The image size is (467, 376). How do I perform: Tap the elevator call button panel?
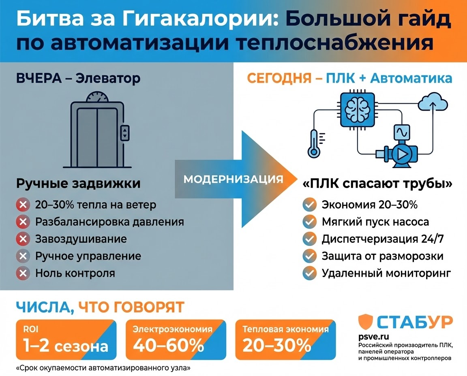point(125,132)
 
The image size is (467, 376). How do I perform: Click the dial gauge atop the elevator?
point(97,98)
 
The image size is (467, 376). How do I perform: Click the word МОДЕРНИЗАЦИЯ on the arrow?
point(233,179)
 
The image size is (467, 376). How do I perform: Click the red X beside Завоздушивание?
point(23,239)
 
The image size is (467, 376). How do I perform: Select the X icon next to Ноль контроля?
point(23,273)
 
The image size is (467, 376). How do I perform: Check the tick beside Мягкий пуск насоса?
point(310,222)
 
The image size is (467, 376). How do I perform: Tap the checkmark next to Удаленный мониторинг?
point(310,273)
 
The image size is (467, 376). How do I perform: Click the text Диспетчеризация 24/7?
point(382,239)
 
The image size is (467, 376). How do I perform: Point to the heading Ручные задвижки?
point(78,184)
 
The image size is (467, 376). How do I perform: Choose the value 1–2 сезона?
point(66,346)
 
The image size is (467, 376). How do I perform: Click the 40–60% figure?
point(168,346)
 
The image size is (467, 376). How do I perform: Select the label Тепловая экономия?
point(286,329)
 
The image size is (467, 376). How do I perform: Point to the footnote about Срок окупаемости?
point(103,369)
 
